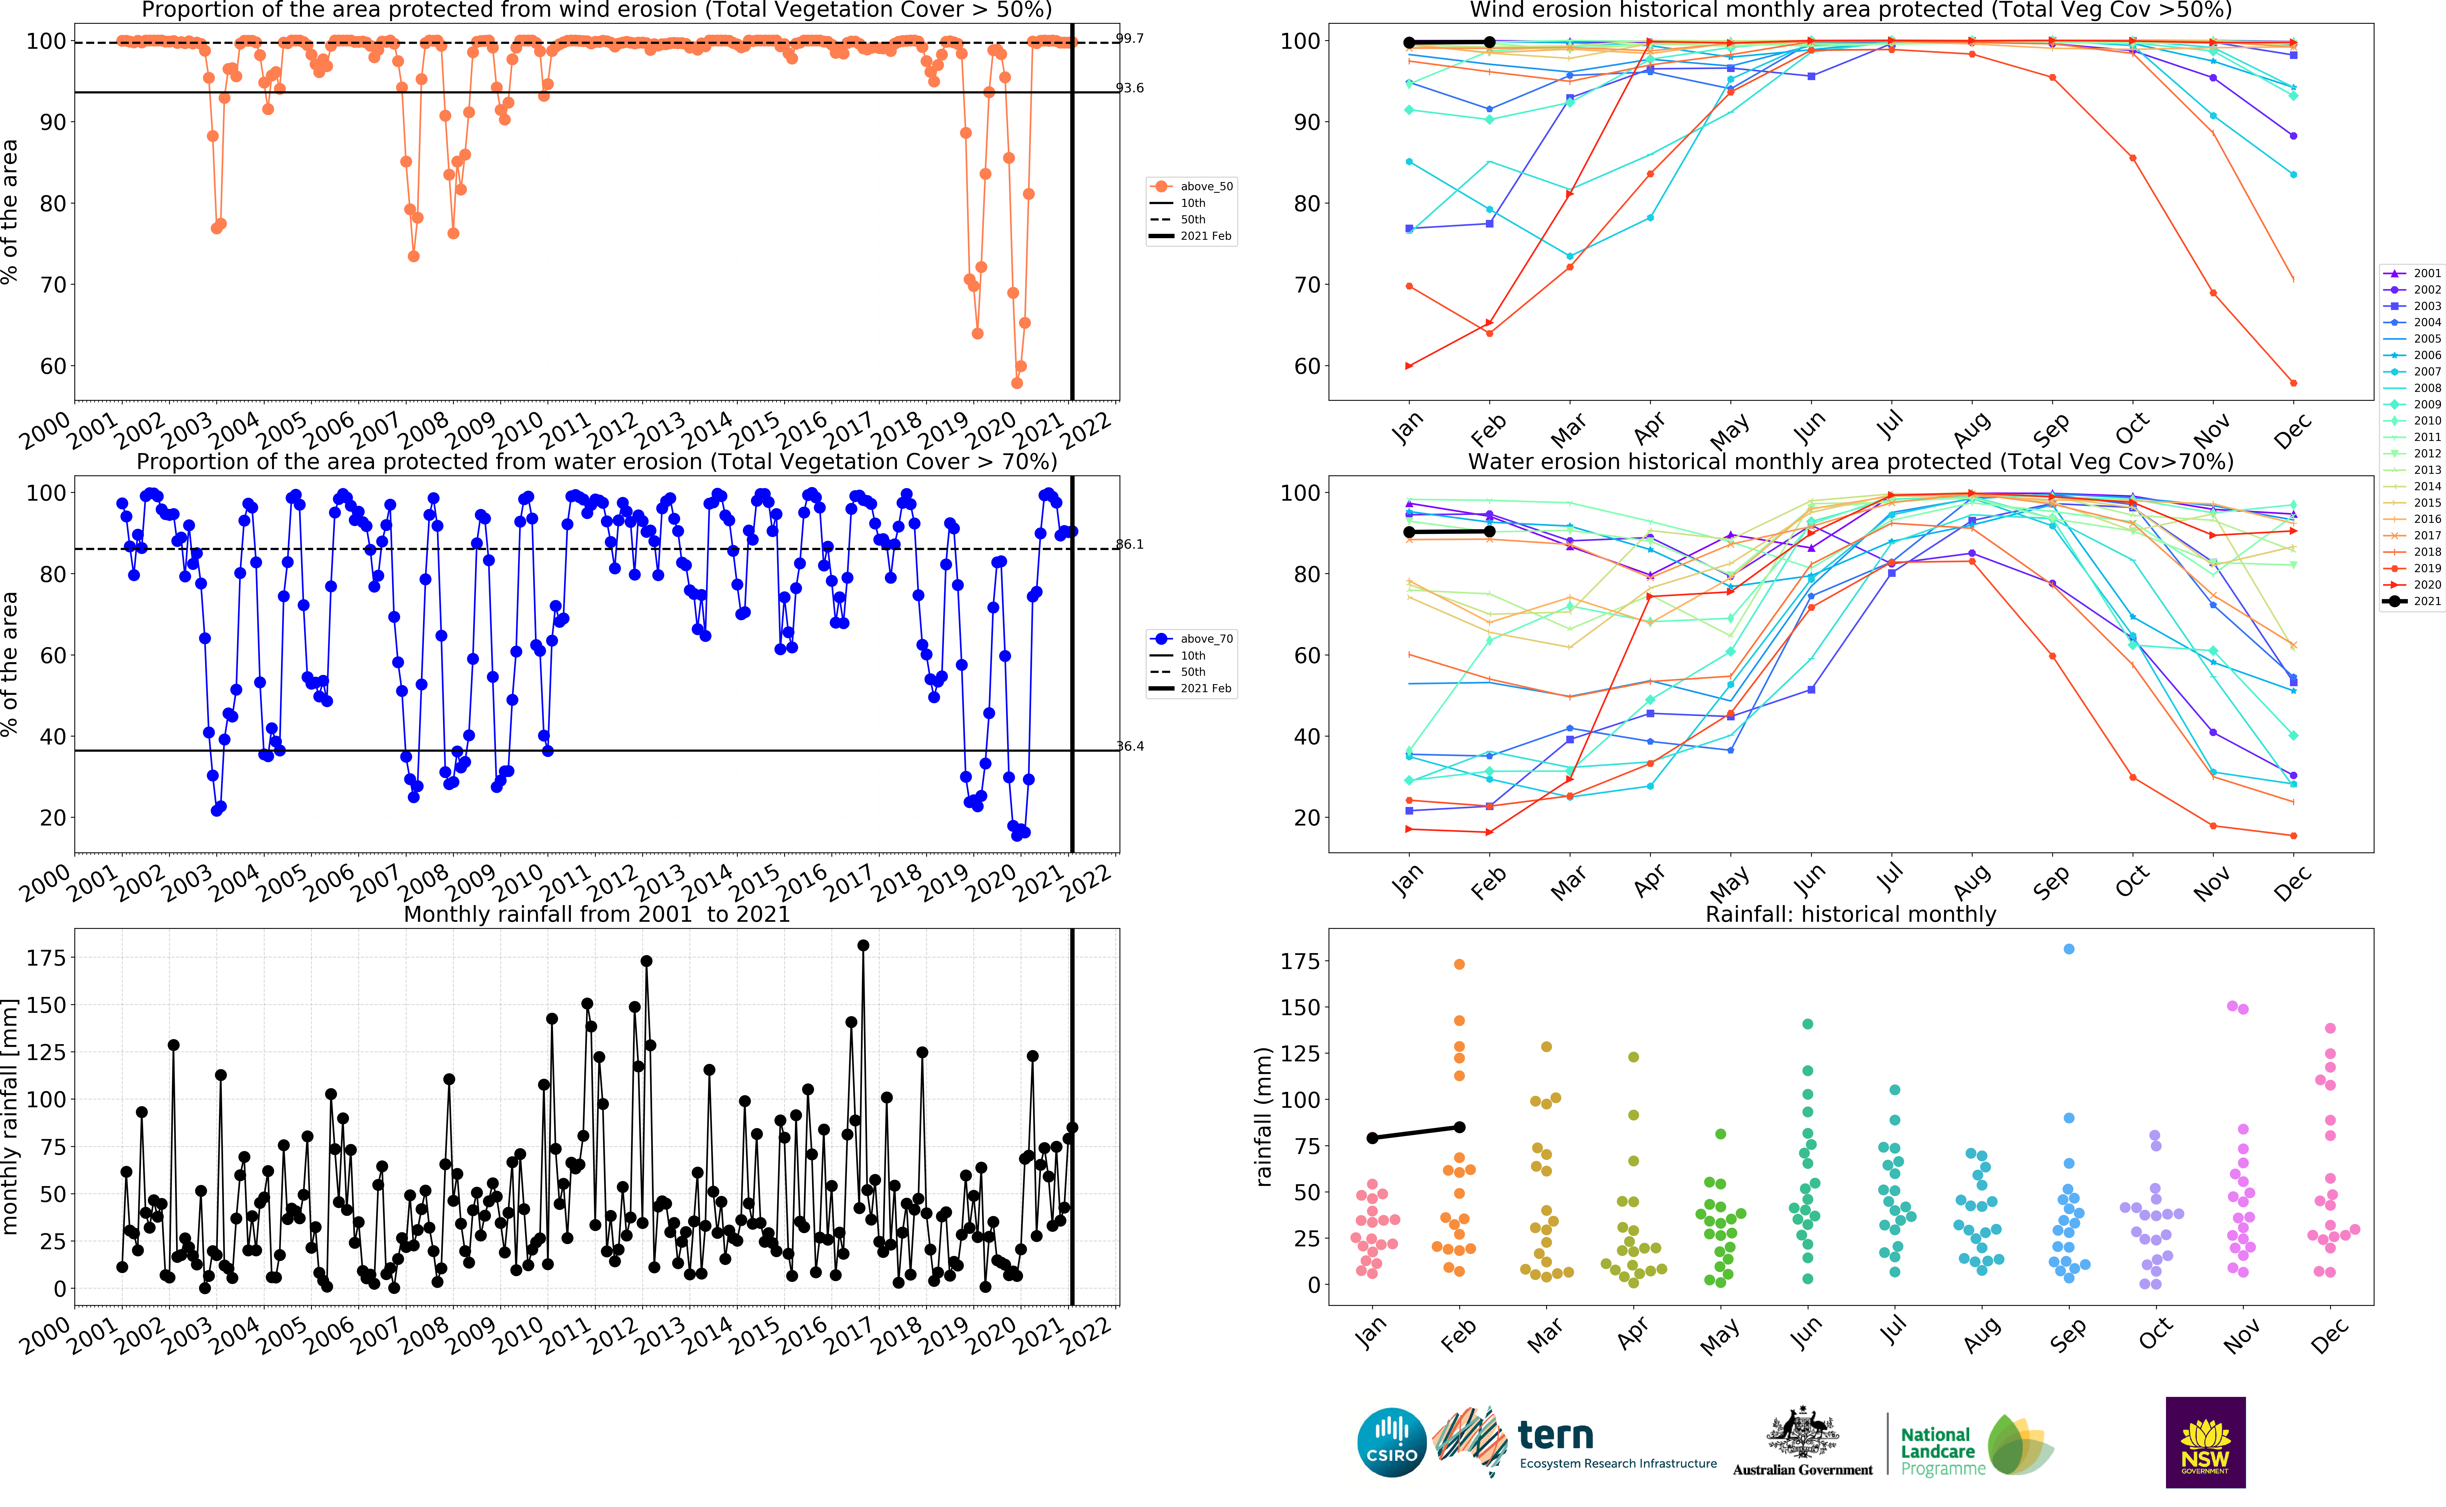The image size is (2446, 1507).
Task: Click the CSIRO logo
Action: pos(1391,1442)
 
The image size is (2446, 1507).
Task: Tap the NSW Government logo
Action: pos(2205,1442)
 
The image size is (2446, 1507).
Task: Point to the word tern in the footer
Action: pos(1555,1435)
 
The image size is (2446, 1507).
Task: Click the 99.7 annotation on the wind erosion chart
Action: pos(1129,39)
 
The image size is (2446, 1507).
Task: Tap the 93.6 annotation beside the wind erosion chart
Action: pos(1129,88)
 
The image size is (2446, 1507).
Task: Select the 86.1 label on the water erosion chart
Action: pos(1129,544)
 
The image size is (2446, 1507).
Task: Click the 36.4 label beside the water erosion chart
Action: pos(1129,745)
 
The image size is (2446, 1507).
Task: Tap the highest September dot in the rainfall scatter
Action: pos(2069,949)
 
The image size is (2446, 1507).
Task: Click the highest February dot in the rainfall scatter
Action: pos(1459,964)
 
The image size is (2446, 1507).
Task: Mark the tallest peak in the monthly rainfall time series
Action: pos(863,945)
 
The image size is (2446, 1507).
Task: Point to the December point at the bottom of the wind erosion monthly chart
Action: pos(2294,383)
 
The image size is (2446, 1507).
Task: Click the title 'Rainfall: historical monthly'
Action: pos(1851,914)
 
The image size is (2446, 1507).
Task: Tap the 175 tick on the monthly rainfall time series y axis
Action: pos(46,958)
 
